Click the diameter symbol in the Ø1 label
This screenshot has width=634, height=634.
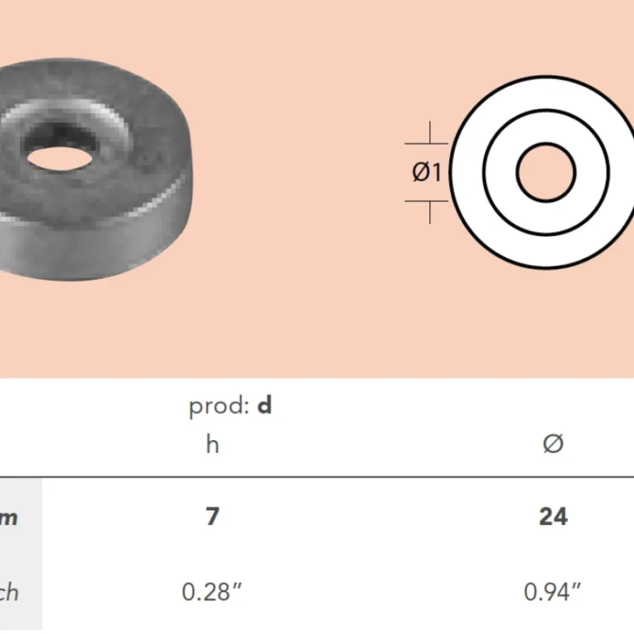coord(420,173)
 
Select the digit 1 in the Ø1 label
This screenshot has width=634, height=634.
coord(437,173)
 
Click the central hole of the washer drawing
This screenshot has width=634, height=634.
coord(546,172)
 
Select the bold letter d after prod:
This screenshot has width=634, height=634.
coord(264,406)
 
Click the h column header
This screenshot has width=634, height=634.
coord(212,444)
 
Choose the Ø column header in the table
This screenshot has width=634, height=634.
coord(552,444)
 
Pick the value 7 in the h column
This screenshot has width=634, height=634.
coord(212,517)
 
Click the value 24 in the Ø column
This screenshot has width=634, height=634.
coord(552,517)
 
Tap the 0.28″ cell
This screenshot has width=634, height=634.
coord(212,591)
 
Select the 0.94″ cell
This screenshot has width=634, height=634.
coord(552,591)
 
